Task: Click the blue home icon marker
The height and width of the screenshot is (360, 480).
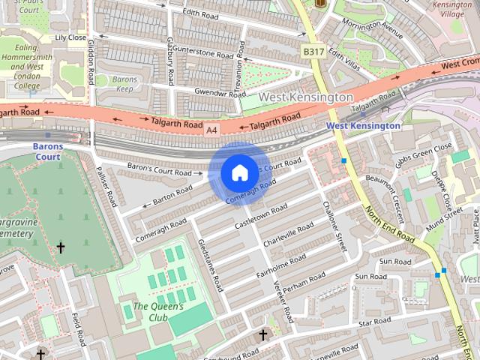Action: (239, 173)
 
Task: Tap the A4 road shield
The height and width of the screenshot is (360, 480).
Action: (212, 130)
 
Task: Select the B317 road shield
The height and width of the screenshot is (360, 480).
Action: (313, 51)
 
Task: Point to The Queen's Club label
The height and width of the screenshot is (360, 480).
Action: (158, 311)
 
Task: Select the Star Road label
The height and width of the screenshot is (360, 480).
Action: (375, 322)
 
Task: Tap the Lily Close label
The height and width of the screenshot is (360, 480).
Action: (70, 37)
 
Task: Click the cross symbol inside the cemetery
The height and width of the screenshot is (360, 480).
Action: (61, 247)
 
